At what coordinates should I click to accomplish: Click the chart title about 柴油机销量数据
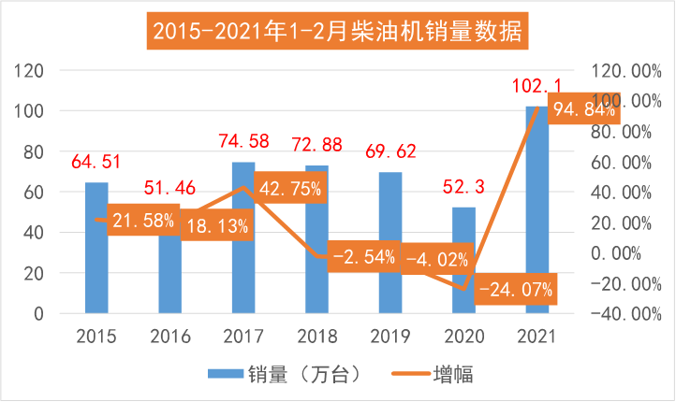tap(338, 34)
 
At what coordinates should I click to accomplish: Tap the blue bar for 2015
tap(96, 271)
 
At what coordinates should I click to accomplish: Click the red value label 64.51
tap(96, 163)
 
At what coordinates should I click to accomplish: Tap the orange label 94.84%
tap(582, 110)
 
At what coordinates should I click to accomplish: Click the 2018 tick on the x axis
tap(316, 336)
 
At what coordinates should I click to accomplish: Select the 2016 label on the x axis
tap(169, 336)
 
